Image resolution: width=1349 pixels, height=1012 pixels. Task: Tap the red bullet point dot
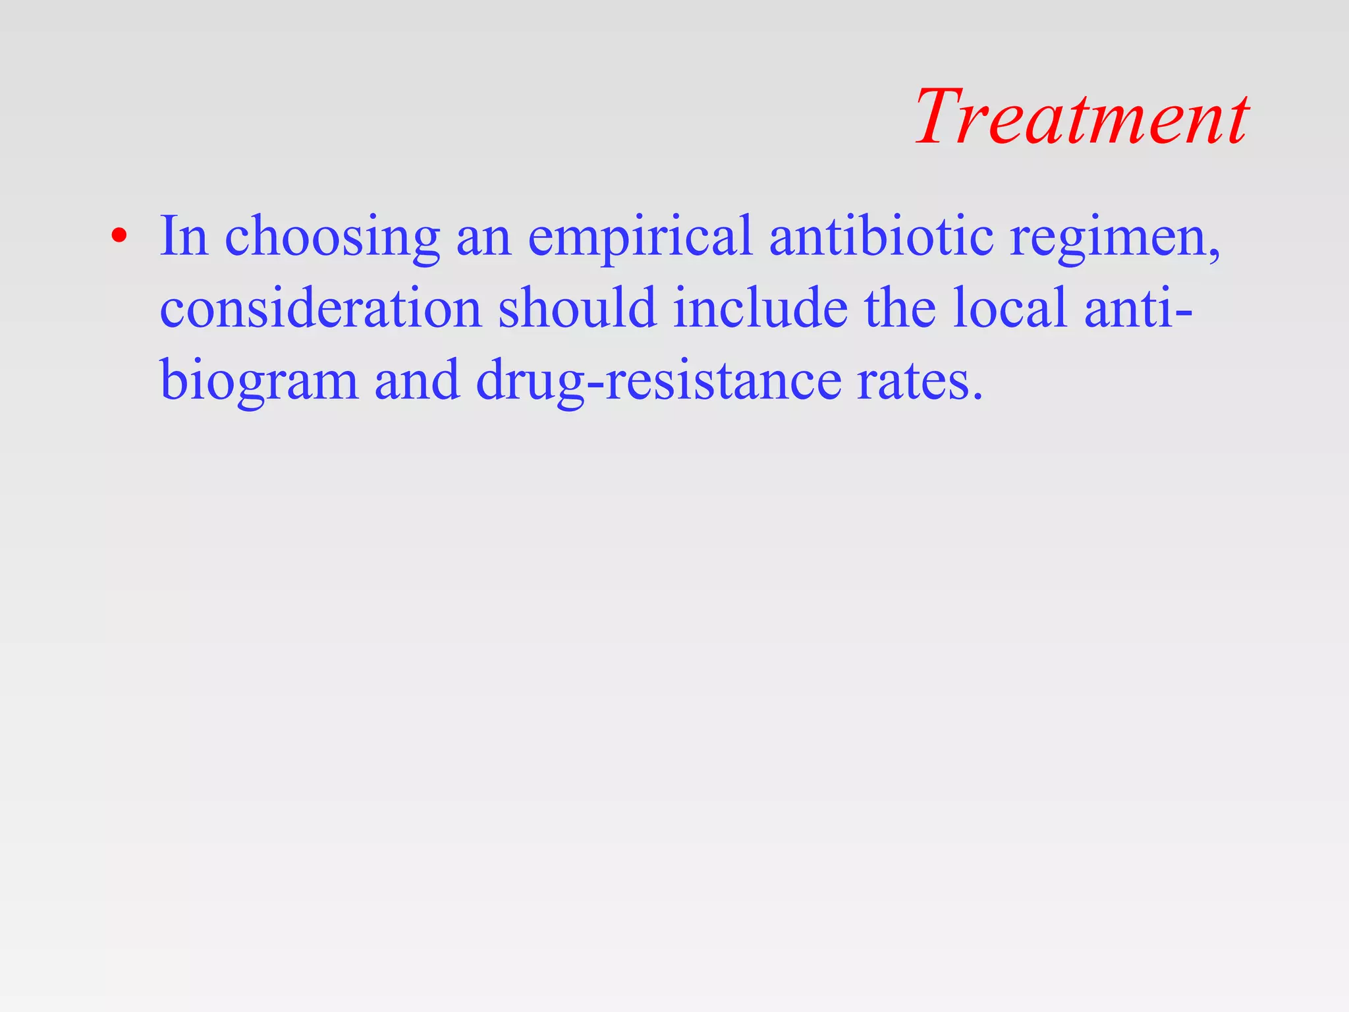point(118,236)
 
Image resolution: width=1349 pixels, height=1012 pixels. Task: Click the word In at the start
point(184,236)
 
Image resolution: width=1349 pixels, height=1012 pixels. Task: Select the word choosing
point(332,239)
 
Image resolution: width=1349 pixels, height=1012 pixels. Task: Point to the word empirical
point(640,239)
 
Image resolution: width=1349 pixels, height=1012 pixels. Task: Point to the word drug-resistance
point(658,382)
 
